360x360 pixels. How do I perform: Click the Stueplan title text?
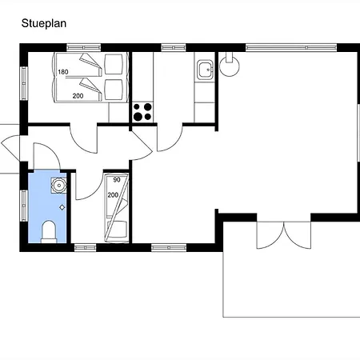point(44,23)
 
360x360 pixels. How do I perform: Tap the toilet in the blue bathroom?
point(49,231)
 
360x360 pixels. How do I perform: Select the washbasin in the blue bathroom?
point(59,186)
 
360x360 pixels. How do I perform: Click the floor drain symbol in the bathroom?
point(62,207)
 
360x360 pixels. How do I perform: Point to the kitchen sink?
point(205,70)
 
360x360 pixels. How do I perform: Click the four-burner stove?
point(142,112)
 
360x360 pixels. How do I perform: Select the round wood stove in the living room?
point(229,65)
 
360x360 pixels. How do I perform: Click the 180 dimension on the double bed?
point(63,72)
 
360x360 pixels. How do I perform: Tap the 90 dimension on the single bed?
point(117,180)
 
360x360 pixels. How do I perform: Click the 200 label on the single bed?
point(113,195)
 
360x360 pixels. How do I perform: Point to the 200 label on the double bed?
point(78,96)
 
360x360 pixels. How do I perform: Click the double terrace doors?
point(284,234)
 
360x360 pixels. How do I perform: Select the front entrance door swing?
point(10,148)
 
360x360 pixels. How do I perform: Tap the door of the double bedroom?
point(83,138)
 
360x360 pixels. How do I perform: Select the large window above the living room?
point(291,48)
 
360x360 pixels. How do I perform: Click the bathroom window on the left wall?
point(24,206)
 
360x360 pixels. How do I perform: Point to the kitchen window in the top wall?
point(174,48)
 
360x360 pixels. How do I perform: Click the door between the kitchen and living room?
point(170,138)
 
